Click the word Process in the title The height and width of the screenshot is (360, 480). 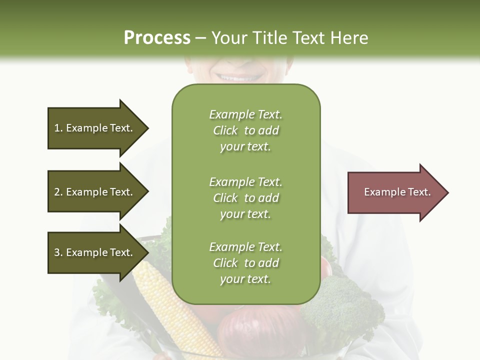coord(157,38)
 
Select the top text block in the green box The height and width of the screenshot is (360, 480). coord(245,130)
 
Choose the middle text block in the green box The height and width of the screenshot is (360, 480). coord(245,198)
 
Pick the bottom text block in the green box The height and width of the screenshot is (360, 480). coord(245,263)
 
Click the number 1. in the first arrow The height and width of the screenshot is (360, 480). coord(58,128)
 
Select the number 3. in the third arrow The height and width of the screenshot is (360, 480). coord(58,252)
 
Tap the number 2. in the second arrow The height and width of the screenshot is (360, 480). coord(58,192)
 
